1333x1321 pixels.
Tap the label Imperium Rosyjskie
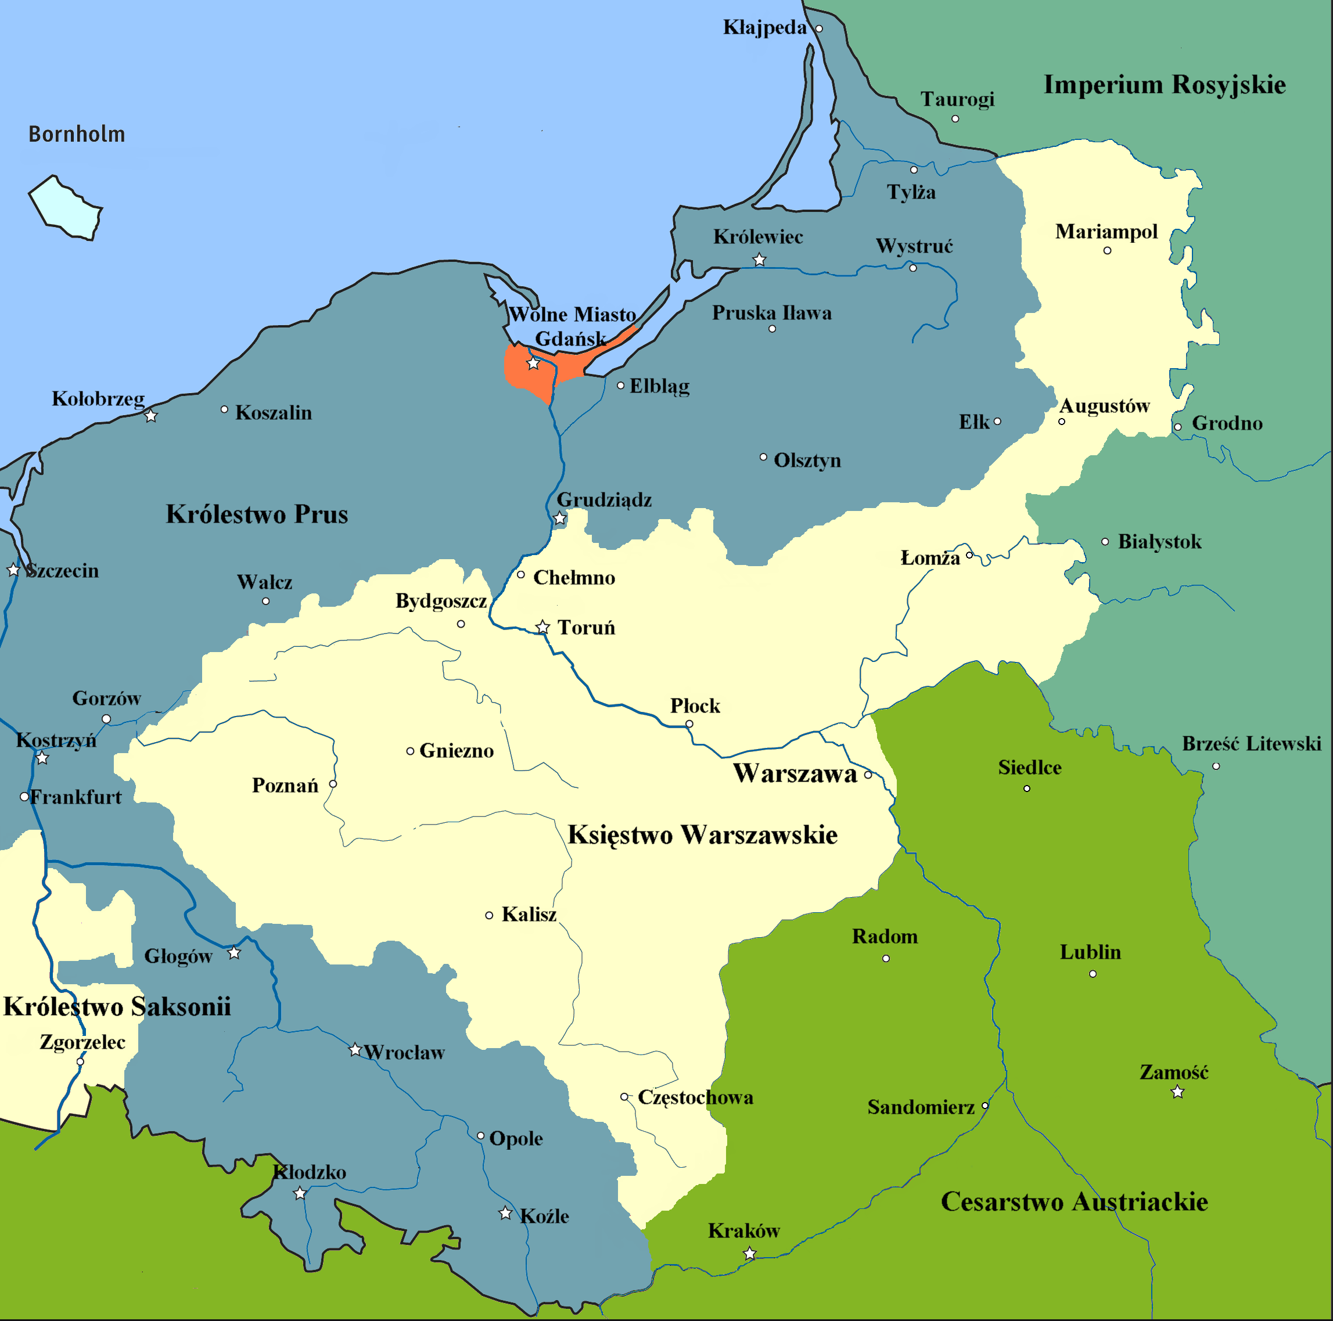[1164, 85]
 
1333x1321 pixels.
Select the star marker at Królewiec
[759, 260]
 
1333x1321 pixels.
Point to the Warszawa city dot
[868, 775]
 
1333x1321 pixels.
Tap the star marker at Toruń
[542, 627]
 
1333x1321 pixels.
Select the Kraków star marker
[749, 1254]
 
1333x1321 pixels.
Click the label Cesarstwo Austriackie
[1075, 1201]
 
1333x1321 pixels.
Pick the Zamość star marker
[1178, 1092]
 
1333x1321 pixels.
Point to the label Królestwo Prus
[257, 514]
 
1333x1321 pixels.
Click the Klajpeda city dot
[819, 29]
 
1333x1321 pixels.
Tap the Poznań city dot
[333, 784]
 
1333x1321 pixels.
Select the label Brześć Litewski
[1251, 744]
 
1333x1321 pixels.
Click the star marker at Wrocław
[355, 1050]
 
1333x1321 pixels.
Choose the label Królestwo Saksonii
[117, 1006]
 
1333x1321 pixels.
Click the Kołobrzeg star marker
[151, 416]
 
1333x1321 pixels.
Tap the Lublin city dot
[1092, 974]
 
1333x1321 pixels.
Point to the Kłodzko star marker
[300, 1193]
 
